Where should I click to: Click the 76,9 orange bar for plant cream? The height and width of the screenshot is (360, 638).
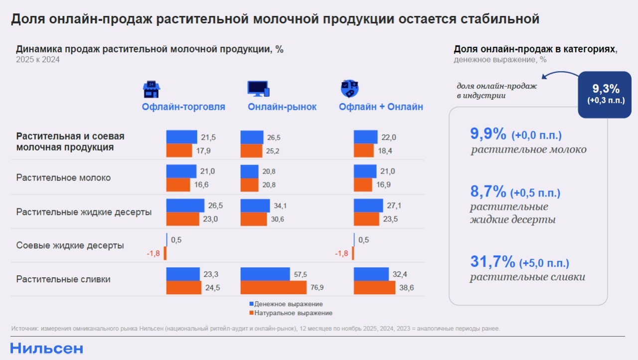coord(274,288)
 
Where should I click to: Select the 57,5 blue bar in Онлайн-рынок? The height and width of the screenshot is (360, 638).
coord(265,274)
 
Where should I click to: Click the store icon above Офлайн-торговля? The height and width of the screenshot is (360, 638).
coord(152,89)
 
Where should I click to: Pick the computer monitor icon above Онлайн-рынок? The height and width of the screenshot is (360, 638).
coord(258,89)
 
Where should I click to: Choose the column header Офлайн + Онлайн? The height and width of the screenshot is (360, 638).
coord(381,107)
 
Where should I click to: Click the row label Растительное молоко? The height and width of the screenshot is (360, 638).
coord(63,178)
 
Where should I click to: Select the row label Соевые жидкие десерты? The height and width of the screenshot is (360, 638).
coord(70,245)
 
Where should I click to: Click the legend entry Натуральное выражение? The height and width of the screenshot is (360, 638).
coord(293,313)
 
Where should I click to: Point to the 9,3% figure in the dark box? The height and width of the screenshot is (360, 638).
coord(606,89)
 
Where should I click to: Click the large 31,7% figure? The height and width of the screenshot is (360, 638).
coord(491,261)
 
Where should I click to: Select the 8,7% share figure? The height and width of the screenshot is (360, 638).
coord(488,191)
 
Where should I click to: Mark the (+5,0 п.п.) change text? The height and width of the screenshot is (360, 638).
coord(544,263)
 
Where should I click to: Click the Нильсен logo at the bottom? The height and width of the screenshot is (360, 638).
coord(46,349)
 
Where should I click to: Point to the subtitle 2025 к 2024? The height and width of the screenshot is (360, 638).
coord(37,60)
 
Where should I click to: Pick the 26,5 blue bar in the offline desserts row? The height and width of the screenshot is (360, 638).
coord(185,205)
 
